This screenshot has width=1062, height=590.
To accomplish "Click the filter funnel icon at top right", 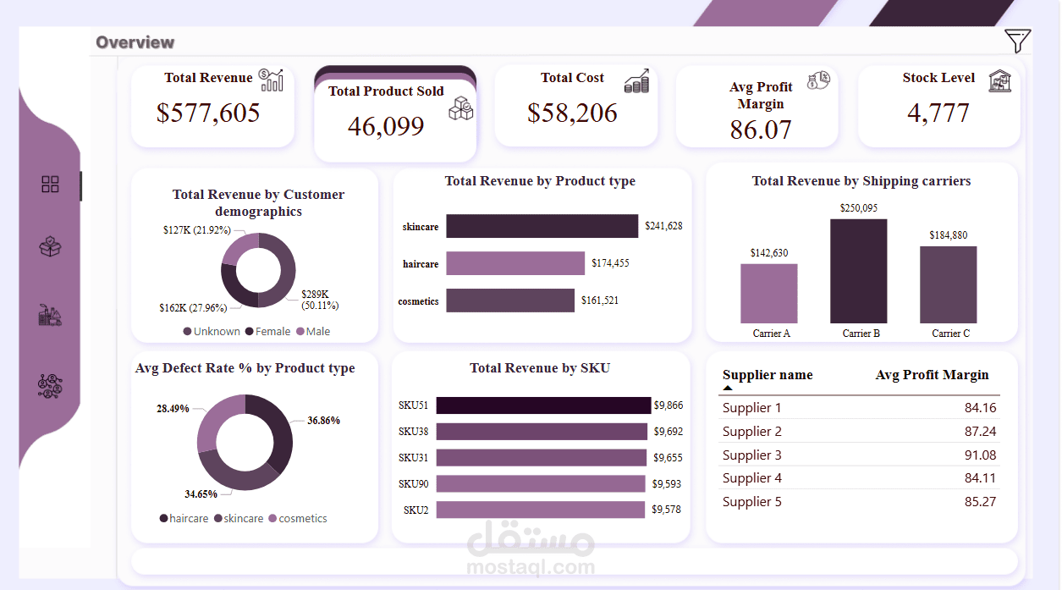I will point(1017,41).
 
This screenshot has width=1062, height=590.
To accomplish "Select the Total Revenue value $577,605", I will point(208,113).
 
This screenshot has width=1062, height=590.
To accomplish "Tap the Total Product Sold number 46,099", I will point(387,126).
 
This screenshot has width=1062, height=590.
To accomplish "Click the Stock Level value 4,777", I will point(938,113).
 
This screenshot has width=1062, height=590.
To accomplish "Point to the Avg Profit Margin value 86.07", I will point(761,130).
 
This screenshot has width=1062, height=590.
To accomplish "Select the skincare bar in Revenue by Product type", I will point(542,226).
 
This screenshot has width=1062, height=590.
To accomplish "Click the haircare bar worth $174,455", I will point(514,263).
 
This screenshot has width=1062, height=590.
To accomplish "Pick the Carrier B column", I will point(858,271).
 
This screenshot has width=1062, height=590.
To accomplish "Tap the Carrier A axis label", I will point(771,334).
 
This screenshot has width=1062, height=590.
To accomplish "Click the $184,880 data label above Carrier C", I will point(948,235).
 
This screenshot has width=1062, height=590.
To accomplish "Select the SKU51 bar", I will point(543,405).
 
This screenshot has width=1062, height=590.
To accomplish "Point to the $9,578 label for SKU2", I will point(667,510).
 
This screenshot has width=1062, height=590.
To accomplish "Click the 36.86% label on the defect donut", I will point(323,420).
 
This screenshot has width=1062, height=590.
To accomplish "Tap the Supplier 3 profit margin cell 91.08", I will point(980,455).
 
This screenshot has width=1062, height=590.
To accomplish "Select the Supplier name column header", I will point(767,375).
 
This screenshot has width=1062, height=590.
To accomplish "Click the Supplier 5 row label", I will point(751,502).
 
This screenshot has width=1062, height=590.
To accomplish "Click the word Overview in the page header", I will point(135,42).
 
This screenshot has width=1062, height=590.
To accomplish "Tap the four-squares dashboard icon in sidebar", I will point(50,185).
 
